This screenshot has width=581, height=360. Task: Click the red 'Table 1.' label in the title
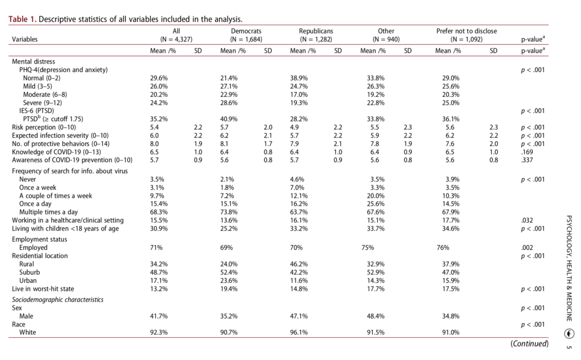(x=23, y=19)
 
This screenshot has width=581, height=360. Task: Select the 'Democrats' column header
(x=246, y=31)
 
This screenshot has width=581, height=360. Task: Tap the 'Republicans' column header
(x=315, y=31)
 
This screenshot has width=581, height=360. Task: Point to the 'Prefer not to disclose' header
(x=466, y=31)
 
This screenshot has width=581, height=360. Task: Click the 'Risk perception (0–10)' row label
(x=44, y=128)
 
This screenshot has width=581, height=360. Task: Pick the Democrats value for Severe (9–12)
(x=229, y=103)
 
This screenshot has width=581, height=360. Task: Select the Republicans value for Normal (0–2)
(x=298, y=78)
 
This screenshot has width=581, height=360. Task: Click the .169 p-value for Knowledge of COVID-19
(x=527, y=152)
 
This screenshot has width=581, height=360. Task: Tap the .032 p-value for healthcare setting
(x=527, y=221)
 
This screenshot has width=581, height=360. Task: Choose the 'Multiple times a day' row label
(x=49, y=212)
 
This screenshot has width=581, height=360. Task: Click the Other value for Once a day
(x=376, y=204)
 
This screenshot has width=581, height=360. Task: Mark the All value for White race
(x=159, y=333)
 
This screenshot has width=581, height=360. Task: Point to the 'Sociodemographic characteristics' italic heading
(x=58, y=300)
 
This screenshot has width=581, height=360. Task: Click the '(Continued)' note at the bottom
(x=529, y=344)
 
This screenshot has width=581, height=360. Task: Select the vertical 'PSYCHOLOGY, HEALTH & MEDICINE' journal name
(x=570, y=269)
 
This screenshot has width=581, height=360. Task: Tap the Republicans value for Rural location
(x=298, y=264)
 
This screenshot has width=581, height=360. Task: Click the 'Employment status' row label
(x=40, y=239)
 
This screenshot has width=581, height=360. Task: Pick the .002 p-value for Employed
(x=527, y=248)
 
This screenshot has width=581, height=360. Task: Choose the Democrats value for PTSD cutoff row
(x=229, y=119)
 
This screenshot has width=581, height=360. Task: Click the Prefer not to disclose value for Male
(x=451, y=316)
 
